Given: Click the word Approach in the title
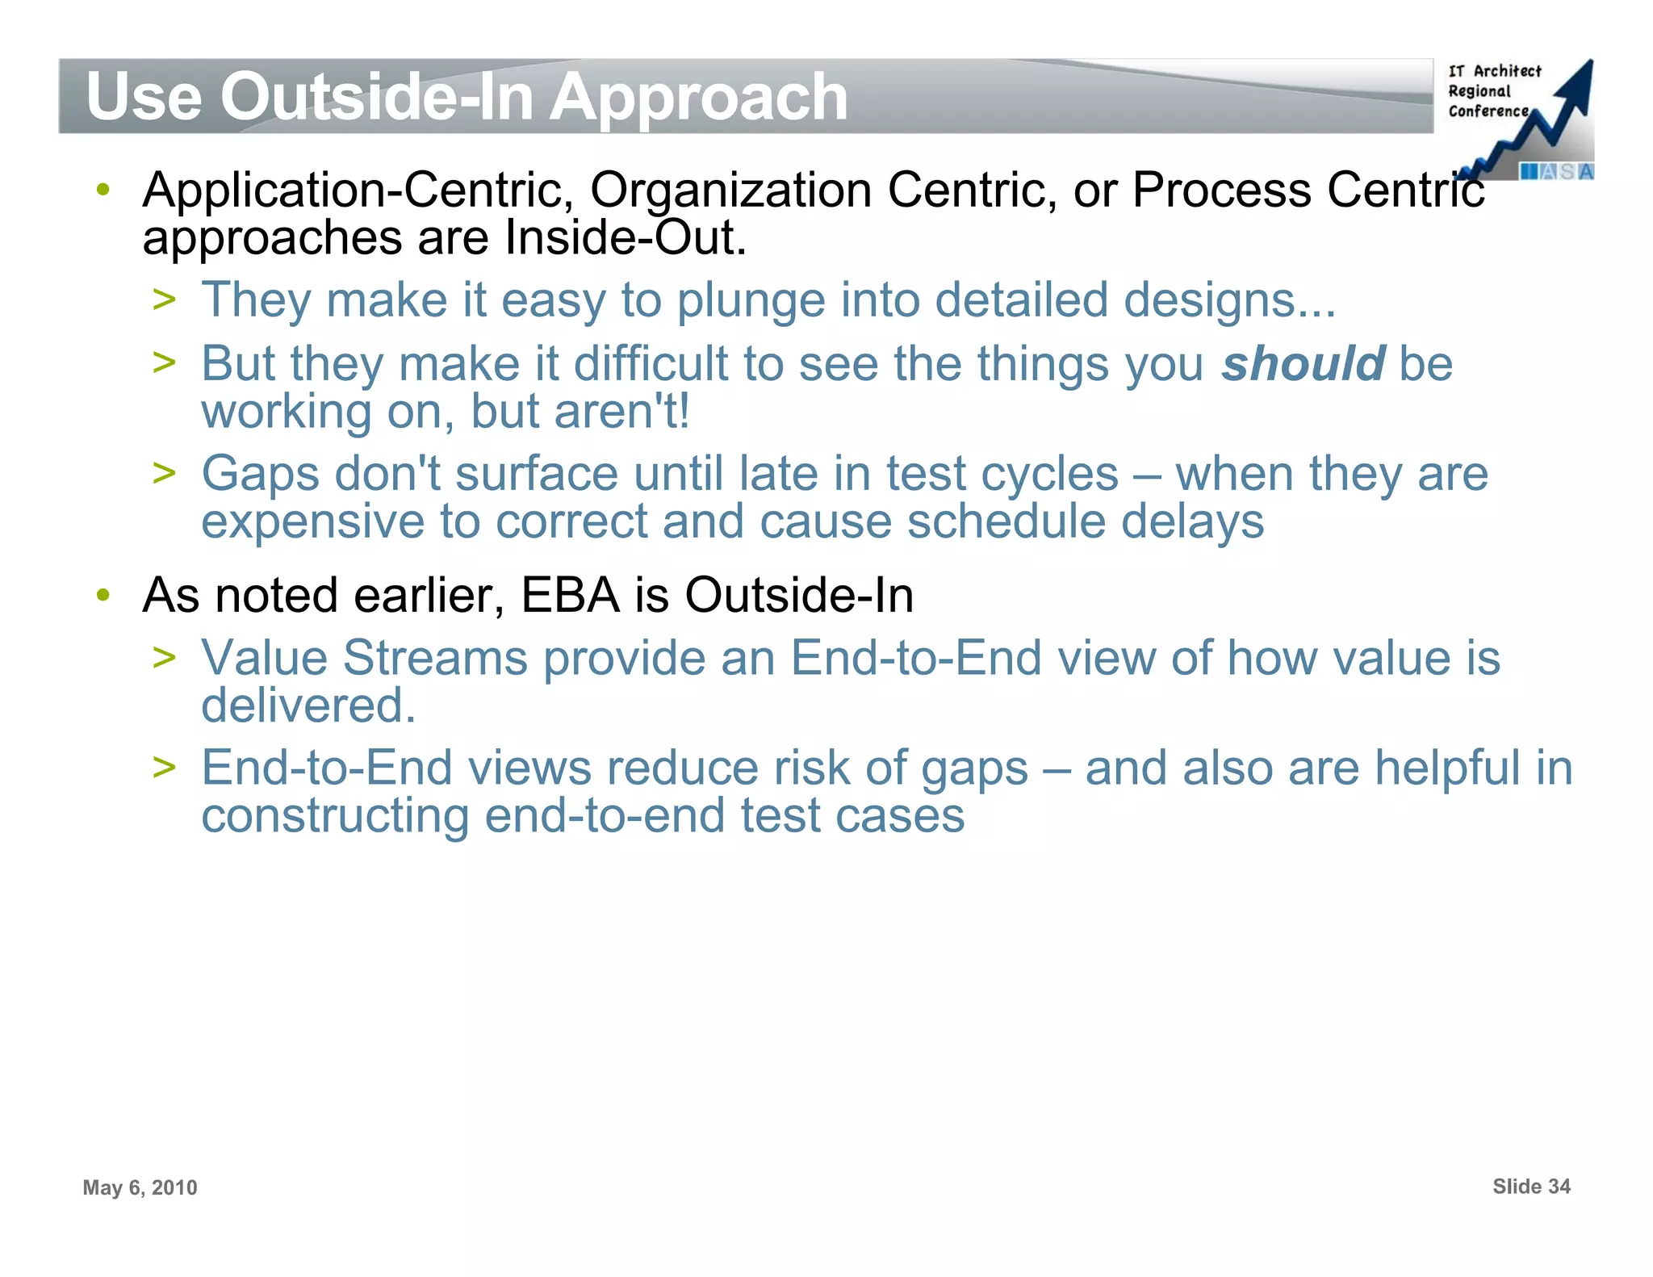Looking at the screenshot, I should click(698, 97).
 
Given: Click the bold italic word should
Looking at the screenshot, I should click(1303, 363).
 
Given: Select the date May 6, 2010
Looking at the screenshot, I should click(140, 1187).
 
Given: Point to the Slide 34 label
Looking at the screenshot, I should click(1530, 1186).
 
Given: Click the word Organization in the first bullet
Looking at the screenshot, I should click(730, 191).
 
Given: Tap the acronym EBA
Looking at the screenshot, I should click(571, 596).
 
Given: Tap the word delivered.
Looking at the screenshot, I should click(308, 705).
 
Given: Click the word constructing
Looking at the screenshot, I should click(335, 815).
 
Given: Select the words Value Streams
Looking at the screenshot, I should click(364, 658).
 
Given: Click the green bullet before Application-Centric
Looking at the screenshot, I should click(103, 191).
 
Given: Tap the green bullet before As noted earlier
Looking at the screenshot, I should click(103, 596).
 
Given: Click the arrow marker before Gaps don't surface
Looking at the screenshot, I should click(164, 473).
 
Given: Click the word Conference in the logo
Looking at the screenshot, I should click(1488, 111).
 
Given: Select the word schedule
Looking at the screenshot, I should click(1006, 521).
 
